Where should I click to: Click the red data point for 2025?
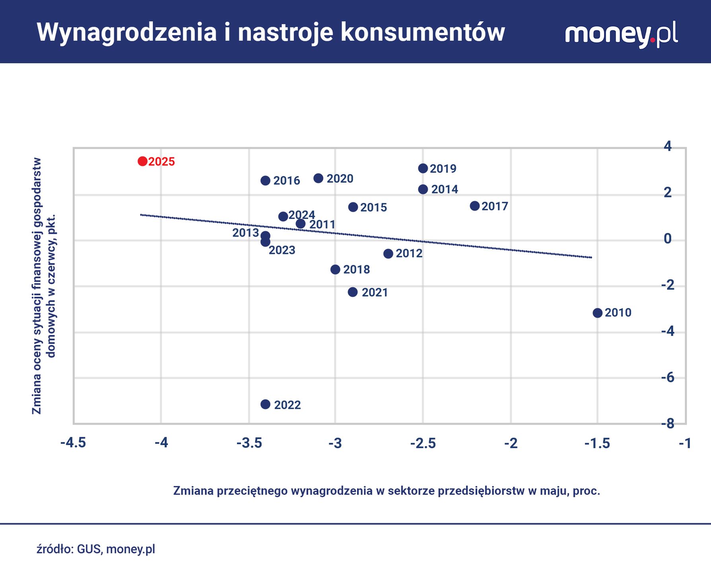(x=142, y=161)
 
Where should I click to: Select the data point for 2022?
(x=265, y=404)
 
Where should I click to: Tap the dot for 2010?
(x=597, y=313)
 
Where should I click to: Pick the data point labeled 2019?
(x=423, y=168)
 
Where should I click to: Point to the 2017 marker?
(x=475, y=206)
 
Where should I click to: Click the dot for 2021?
(x=353, y=292)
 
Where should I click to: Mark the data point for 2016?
(x=265, y=181)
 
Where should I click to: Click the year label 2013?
(x=245, y=233)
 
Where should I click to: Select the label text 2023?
(x=282, y=250)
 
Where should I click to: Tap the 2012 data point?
(x=388, y=253)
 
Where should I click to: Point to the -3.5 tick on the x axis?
(x=249, y=443)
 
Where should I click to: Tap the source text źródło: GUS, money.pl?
(x=96, y=549)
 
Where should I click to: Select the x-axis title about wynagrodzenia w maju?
(x=387, y=491)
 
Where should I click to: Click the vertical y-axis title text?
(x=43, y=286)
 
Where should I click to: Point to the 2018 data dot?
(x=335, y=269)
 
